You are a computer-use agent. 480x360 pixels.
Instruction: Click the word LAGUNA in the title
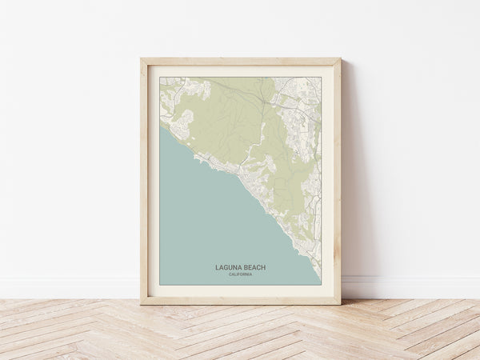[x=230, y=267]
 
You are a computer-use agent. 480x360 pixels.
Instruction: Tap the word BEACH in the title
[x=254, y=267]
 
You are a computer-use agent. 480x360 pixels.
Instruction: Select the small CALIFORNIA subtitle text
[x=240, y=274]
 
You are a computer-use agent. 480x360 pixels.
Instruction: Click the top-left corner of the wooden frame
[x=142, y=59]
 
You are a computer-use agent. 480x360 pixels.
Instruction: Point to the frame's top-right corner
[x=339, y=59]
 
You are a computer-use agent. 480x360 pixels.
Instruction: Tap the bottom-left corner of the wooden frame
[x=142, y=303]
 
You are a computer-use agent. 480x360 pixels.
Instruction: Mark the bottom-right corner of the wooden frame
[x=339, y=303]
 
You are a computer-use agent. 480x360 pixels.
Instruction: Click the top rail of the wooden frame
[x=240, y=62]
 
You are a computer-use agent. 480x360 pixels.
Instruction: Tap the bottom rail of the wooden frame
[x=240, y=300]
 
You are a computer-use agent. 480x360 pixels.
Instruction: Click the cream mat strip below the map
[x=240, y=290]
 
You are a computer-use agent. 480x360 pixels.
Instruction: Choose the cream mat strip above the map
[x=240, y=71]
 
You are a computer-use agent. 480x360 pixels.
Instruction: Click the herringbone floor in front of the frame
[x=240, y=332]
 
